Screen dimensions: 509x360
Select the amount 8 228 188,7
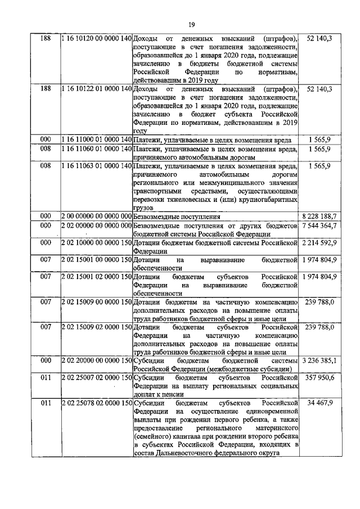(319, 216)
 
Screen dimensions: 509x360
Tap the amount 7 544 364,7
(319, 226)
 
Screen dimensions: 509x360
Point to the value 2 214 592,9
(319, 242)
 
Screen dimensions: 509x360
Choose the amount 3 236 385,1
(319, 360)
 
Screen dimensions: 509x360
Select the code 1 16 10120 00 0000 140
(96, 38)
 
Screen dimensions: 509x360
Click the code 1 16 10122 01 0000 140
(96, 89)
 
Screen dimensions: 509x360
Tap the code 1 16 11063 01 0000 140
(96, 166)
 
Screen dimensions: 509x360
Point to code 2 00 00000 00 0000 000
(96, 216)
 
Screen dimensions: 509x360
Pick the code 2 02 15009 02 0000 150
(96, 327)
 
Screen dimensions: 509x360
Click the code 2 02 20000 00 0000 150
(96, 360)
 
